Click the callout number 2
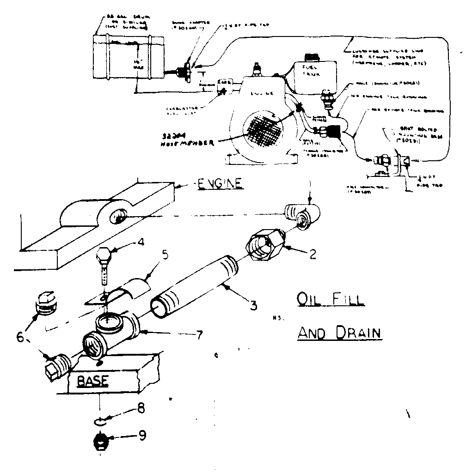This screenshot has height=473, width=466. pos(313,254)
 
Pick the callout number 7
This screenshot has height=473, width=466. pos(198,335)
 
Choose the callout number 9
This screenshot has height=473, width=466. pos(143,436)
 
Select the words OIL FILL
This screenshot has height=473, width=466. pos(330,299)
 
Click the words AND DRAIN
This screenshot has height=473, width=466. pos(339,332)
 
